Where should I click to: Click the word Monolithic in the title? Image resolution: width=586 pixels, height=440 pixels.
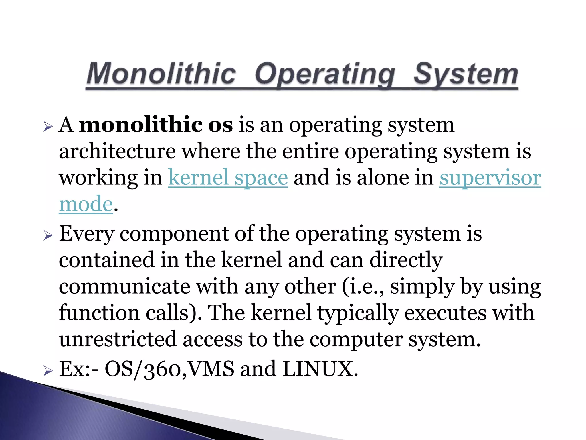161,74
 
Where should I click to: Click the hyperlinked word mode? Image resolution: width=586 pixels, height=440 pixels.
86,204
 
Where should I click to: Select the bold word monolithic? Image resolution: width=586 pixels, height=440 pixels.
140,125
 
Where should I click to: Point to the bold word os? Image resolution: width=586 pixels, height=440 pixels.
220,125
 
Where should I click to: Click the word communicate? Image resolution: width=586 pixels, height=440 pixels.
124,286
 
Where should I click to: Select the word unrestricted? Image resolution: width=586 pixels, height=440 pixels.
118,339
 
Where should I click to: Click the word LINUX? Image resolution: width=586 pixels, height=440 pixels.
320,369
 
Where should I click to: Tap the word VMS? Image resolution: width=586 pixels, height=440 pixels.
211,369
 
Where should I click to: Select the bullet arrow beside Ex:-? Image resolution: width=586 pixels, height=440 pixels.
48,371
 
